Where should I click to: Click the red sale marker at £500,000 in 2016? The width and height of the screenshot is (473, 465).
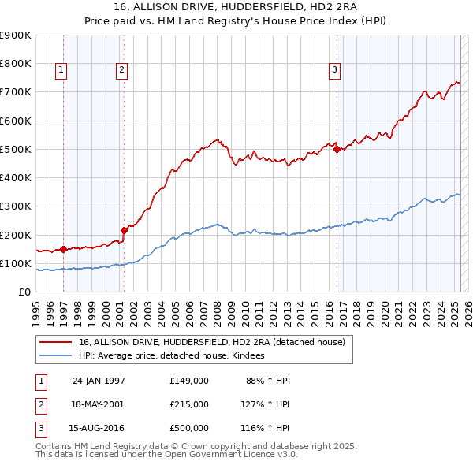click(337, 149)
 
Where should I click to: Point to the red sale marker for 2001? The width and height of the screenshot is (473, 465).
click(124, 230)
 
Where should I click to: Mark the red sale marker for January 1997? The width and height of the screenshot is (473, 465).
click(63, 249)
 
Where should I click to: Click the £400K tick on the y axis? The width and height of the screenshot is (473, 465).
click(15, 177)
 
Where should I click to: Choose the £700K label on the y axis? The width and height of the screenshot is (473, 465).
click(15, 92)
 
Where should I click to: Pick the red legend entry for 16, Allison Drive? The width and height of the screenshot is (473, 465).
click(211, 342)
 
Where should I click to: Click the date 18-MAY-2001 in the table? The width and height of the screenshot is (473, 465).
click(99, 404)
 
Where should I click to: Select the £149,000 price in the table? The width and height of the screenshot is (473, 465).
click(188, 380)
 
